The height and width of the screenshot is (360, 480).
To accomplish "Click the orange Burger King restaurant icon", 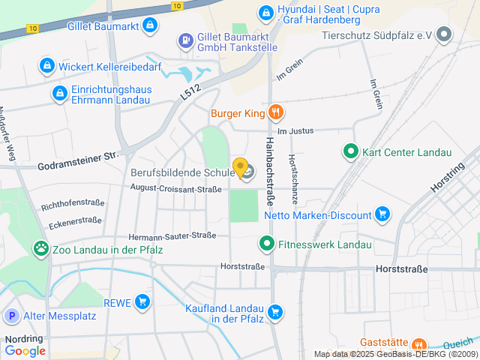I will click(276, 113).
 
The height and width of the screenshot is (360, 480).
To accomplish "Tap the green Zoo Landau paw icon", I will click(40, 248).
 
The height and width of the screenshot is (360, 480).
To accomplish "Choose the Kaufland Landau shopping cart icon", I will click(275, 311).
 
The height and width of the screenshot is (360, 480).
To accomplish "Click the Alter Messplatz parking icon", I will click(11, 316).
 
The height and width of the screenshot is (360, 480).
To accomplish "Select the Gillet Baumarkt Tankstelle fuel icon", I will click(184, 40).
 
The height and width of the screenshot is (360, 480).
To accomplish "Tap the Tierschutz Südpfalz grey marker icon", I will click(445, 34).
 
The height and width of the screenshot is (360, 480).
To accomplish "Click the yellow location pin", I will click(240, 167).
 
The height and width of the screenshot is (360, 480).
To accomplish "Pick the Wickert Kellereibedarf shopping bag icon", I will click(47, 66).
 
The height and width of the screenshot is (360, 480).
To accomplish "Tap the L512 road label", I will click(191, 91).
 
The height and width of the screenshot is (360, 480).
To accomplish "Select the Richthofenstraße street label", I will click(73, 203).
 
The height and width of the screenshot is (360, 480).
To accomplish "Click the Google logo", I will click(25, 350).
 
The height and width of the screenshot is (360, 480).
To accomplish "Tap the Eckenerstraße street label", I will click(75, 220).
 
